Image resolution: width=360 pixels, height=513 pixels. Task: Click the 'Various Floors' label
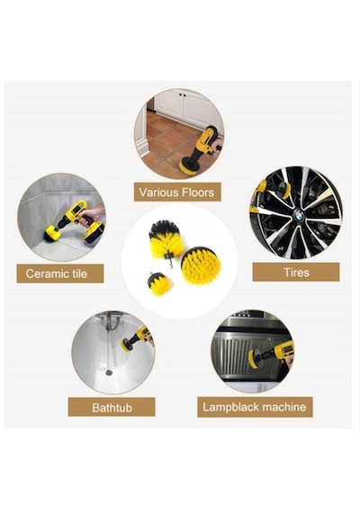[177, 192]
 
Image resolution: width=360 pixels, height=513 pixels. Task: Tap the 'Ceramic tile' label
[60, 274]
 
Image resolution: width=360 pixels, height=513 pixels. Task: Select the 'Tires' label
[296, 272]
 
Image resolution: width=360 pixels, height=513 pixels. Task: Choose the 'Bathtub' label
[112, 407]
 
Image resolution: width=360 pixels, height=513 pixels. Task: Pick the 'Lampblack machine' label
[255, 407]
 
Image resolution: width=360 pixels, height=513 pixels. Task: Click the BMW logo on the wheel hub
[298, 215]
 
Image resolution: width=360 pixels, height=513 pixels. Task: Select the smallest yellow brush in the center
[159, 283]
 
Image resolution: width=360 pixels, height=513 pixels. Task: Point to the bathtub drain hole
[109, 373]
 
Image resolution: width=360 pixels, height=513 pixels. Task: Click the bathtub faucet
[111, 321]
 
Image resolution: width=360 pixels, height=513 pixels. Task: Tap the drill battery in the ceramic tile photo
[94, 233]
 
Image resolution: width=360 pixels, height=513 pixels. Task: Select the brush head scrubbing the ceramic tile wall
[52, 234]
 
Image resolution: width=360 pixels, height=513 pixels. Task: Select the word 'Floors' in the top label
[198, 192]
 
